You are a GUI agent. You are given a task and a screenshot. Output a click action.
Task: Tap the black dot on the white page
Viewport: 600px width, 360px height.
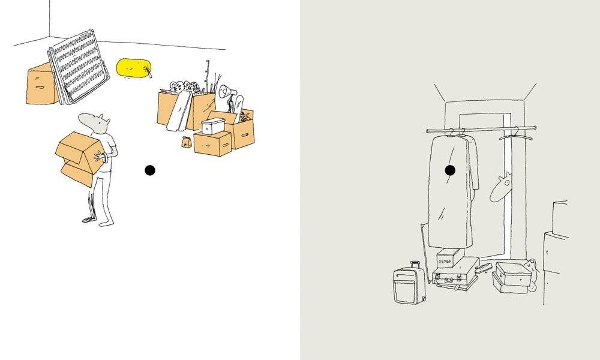click(x=150, y=170)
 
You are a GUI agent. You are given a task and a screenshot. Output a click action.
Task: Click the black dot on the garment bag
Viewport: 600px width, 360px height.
click(x=450, y=170)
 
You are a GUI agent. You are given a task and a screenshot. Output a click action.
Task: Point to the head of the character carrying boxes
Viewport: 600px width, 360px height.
click(x=95, y=123)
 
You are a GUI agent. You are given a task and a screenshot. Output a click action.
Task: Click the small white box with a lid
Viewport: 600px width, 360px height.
click(x=213, y=126)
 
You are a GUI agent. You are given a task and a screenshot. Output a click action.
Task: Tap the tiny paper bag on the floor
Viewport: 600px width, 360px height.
click(x=187, y=142)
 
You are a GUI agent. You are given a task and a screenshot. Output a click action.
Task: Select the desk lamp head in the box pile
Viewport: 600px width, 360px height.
click(x=226, y=91)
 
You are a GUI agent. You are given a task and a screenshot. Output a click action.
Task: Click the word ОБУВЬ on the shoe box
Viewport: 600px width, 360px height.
click(x=445, y=262)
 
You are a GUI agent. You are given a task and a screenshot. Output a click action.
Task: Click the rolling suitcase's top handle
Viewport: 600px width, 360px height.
click(x=415, y=265)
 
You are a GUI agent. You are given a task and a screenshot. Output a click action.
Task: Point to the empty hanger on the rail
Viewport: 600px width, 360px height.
click(x=515, y=134)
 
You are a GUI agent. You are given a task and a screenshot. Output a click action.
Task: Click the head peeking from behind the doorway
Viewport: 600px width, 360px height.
click(x=500, y=187)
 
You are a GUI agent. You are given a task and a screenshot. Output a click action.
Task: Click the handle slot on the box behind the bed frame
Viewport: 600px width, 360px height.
click(x=40, y=88)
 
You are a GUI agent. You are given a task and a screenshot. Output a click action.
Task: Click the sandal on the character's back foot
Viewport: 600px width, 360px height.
click(x=89, y=220)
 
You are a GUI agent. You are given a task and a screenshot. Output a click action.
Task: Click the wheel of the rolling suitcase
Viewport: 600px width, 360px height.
click(x=424, y=299)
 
